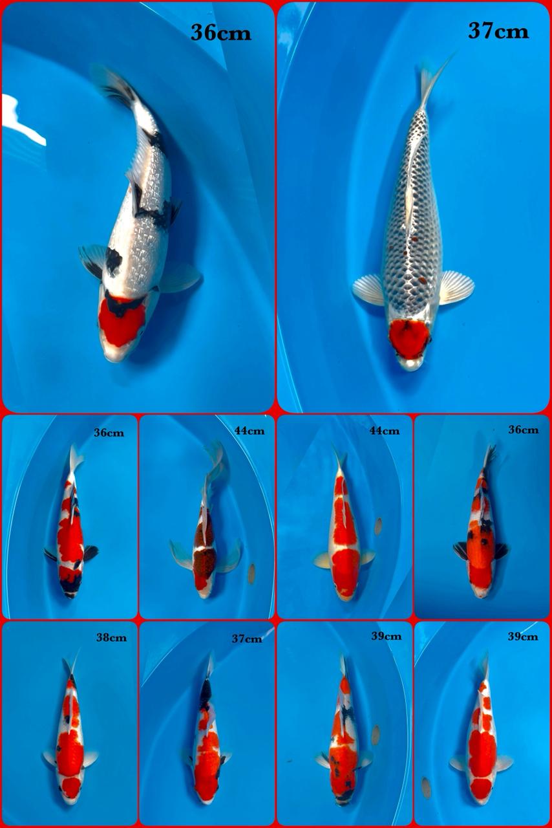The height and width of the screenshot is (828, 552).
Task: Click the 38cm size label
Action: point(111,637)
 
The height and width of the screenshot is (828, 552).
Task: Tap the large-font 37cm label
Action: point(498,31)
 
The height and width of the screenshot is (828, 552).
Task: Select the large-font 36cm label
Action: point(220,33)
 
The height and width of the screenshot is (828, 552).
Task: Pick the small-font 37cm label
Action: point(247,639)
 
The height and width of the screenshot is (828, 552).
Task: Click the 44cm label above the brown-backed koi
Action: point(249,431)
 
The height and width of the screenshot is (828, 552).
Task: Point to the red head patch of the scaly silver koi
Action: point(409,338)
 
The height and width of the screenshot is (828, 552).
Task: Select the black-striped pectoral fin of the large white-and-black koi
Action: point(92,258)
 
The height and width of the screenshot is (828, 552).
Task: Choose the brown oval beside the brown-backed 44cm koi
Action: point(251,573)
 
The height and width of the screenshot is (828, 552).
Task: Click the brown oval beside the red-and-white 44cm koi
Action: point(378,526)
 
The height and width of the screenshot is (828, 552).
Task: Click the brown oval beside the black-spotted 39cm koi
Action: point(376,734)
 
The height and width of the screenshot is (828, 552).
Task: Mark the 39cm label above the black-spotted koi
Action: point(386,637)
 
